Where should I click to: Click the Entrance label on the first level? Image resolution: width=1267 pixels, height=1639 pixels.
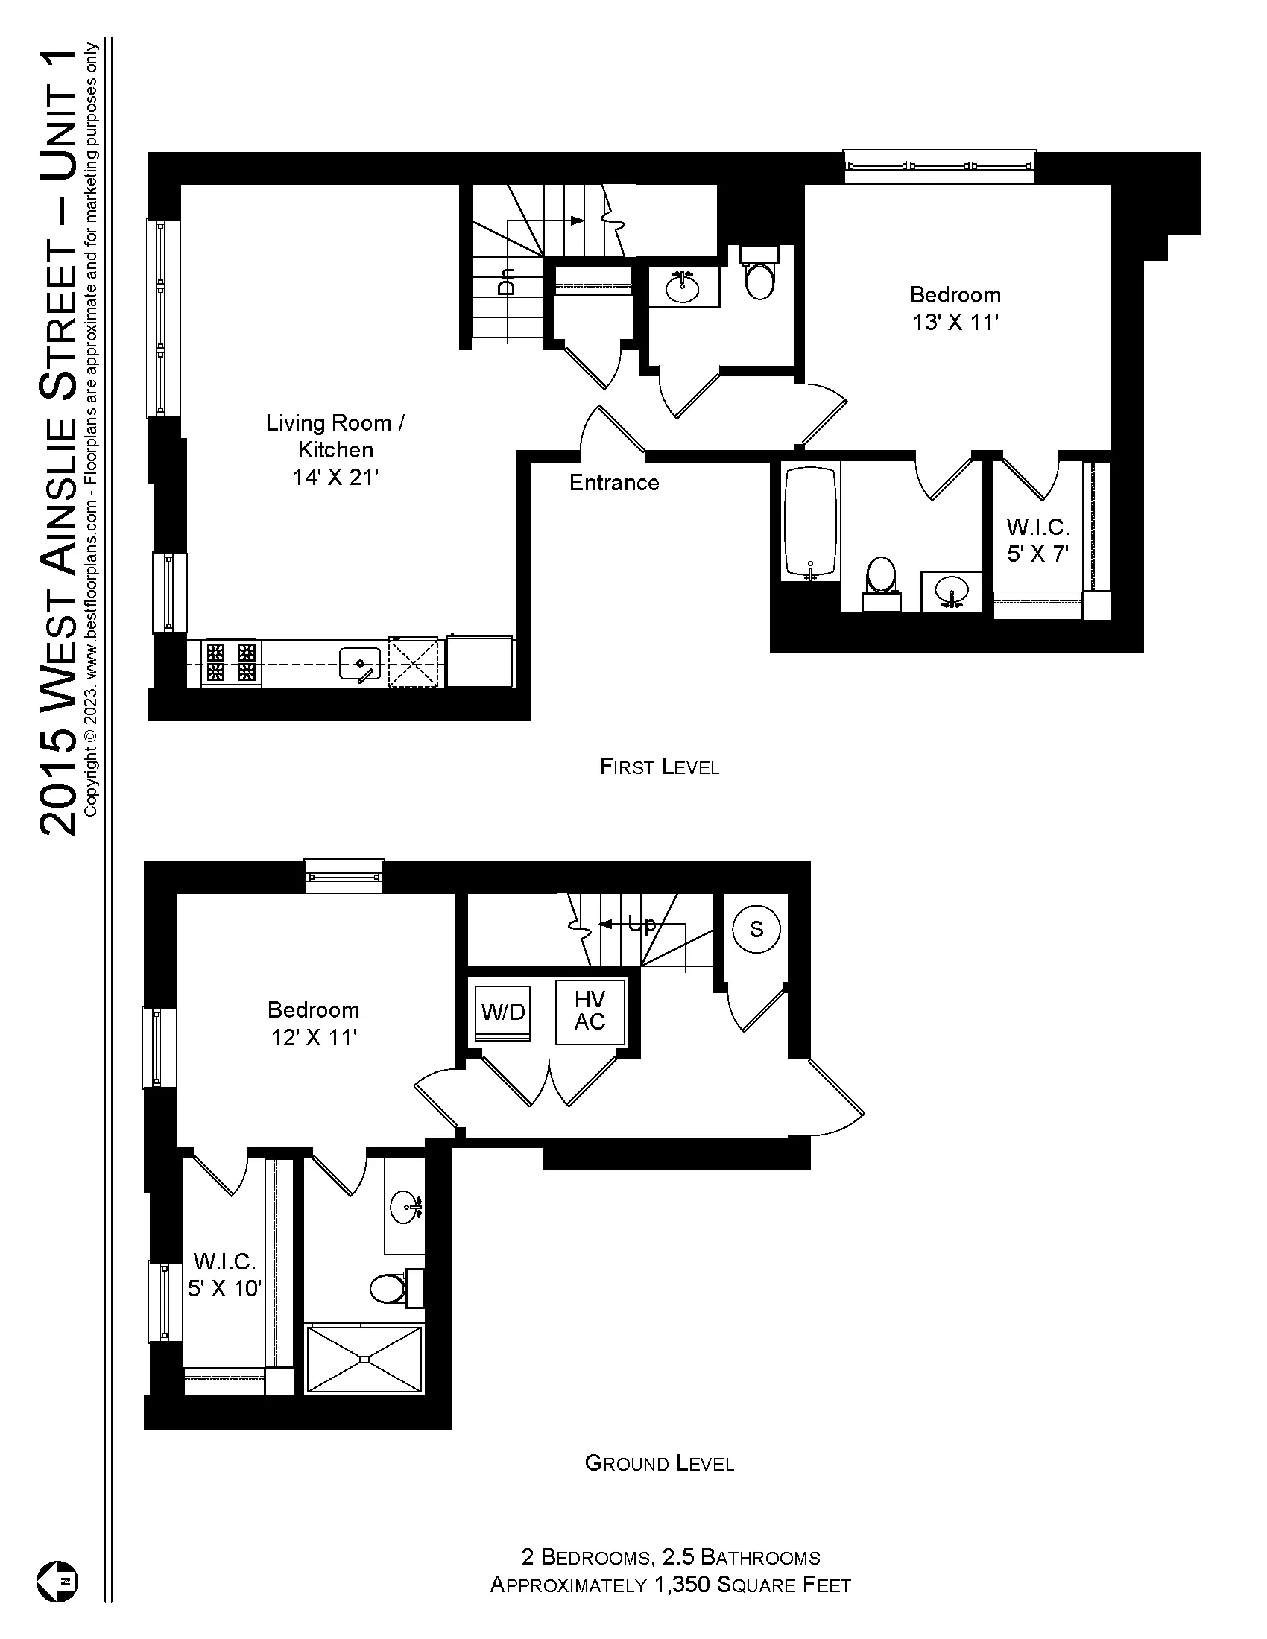click(x=614, y=483)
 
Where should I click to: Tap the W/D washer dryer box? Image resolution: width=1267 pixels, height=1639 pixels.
click(x=503, y=1012)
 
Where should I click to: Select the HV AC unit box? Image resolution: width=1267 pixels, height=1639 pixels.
click(x=590, y=1011)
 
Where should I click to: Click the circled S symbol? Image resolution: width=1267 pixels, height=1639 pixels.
click(x=756, y=929)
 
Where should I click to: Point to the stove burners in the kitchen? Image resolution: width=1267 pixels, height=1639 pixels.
click(x=231, y=662)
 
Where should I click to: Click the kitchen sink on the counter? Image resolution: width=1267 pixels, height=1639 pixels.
click(x=359, y=663)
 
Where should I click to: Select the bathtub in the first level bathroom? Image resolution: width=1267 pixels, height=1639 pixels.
click(x=810, y=524)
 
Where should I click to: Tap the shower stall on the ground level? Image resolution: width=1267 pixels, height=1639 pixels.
click(x=364, y=1359)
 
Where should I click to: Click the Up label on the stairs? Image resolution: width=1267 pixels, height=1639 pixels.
click(x=641, y=924)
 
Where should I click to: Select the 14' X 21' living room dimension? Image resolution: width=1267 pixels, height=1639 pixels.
click(x=335, y=478)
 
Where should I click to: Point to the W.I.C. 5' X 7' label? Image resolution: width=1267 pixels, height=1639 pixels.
click(x=1038, y=540)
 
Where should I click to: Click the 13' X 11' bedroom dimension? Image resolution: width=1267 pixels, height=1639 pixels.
click(x=955, y=322)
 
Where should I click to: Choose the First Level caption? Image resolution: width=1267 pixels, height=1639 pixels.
click(x=659, y=766)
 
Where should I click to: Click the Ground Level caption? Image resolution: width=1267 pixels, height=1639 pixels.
click(x=659, y=1463)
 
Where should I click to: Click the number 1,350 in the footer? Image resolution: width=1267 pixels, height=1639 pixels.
click(x=681, y=1585)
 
